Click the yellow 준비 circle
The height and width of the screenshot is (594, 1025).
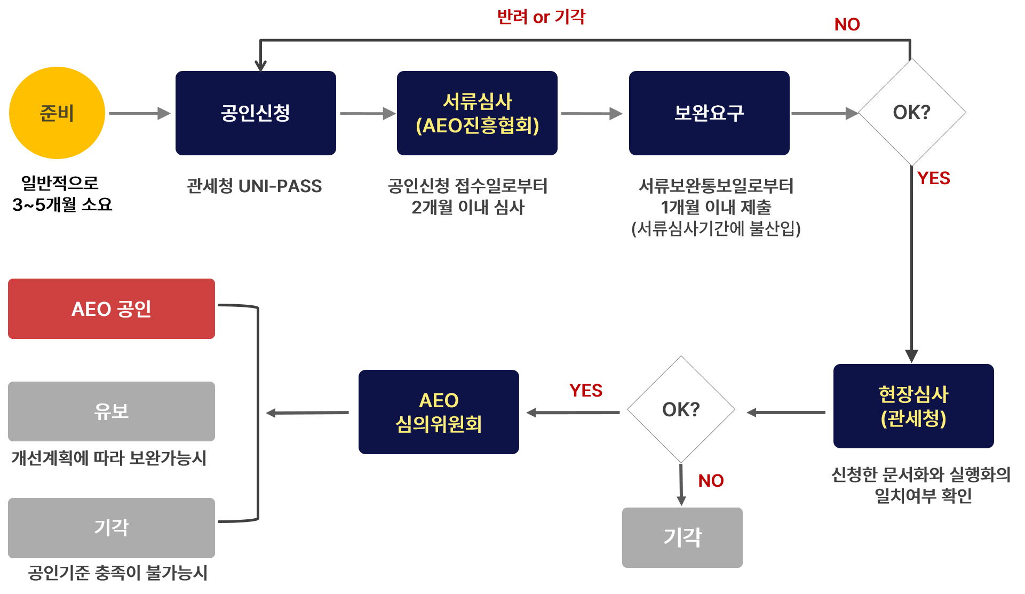(x=57, y=113)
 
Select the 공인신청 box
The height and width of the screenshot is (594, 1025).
(x=256, y=113)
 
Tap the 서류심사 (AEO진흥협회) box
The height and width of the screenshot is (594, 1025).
(x=477, y=113)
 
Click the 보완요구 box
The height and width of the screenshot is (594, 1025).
(x=709, y=113)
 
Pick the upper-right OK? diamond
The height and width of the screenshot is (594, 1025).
(x=911, y=113)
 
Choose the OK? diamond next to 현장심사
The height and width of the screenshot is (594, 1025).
(x=681, y=409)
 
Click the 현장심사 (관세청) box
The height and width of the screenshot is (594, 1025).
(x=913, y=406)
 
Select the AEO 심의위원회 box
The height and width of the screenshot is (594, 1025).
(x=439, y=412)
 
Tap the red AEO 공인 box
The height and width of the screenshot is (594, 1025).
(x=112, y=308)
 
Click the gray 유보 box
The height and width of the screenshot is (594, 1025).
(x=112, y=411)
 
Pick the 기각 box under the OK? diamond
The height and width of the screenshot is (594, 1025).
(x=682, y=537)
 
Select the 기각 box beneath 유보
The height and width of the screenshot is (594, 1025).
(x=112, y=527)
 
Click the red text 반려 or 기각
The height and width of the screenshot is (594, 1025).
(x=541, y=17)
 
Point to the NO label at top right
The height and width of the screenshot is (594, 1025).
(x=847, y=25)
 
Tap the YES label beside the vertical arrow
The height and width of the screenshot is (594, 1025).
(x=933, y=178)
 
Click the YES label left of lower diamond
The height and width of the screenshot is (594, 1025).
(x=585, y=391)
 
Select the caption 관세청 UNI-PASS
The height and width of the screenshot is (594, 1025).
(x=254, y=186)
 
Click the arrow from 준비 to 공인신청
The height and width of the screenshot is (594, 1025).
(x=139, y=113)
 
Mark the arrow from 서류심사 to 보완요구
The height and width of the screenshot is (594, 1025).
(x=591, y=113)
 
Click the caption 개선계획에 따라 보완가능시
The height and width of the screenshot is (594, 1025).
(x=109, y=458)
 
